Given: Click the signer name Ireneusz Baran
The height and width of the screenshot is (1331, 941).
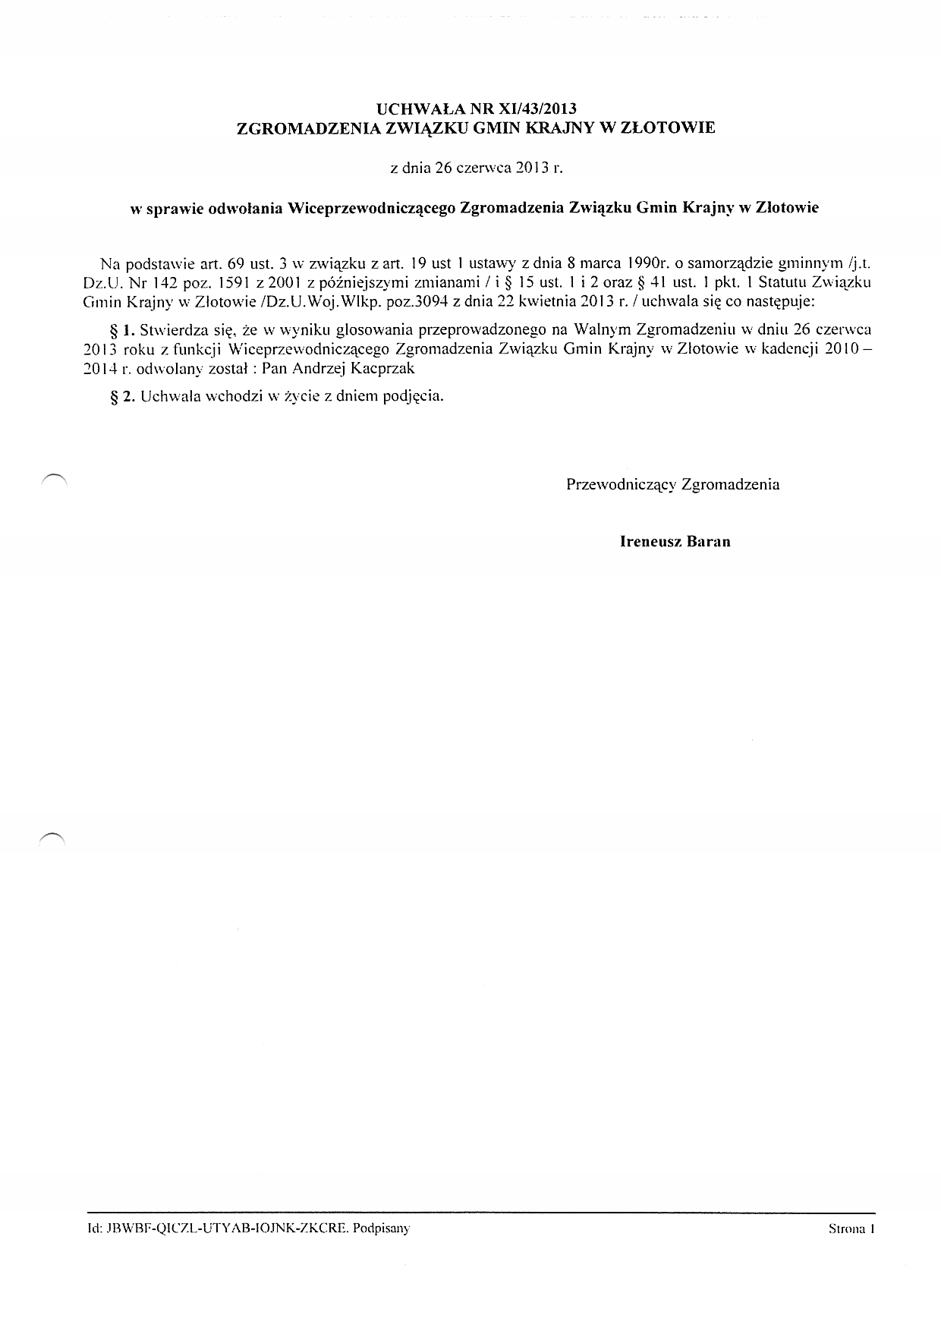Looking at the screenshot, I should (675, 542).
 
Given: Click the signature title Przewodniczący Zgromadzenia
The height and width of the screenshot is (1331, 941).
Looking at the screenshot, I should (672, 484).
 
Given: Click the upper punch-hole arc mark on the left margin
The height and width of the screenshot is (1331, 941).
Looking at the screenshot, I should (55, 477).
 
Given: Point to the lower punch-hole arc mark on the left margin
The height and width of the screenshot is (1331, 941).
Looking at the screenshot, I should (53, 835).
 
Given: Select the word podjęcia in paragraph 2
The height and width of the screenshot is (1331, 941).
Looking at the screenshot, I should (413, 396).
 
